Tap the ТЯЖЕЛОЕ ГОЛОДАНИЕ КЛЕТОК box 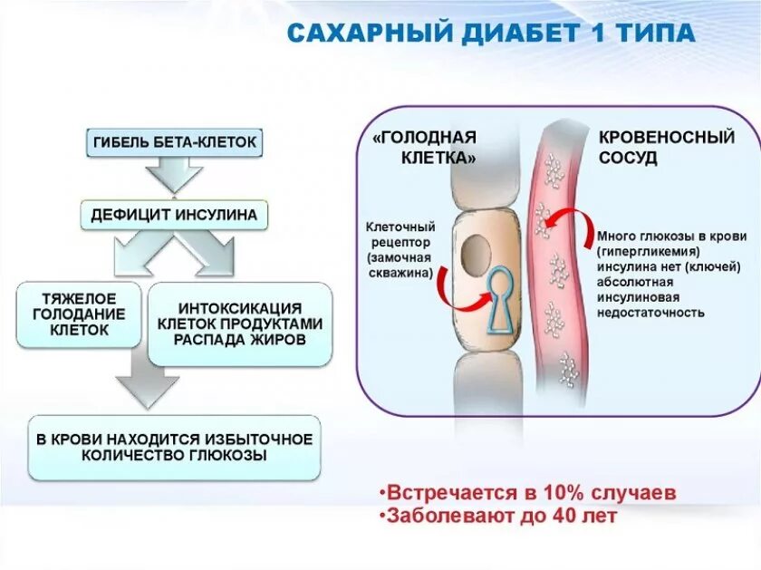(x=79, y=314)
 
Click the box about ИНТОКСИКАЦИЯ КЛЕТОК (x=239, y=324)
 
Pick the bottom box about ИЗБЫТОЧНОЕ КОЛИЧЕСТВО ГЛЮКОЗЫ (x=174, y=448)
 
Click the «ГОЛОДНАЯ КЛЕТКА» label (x=425, y=147)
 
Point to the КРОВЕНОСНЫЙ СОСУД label (x=666, y=147)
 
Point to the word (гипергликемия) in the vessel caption (x=650, y=250)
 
